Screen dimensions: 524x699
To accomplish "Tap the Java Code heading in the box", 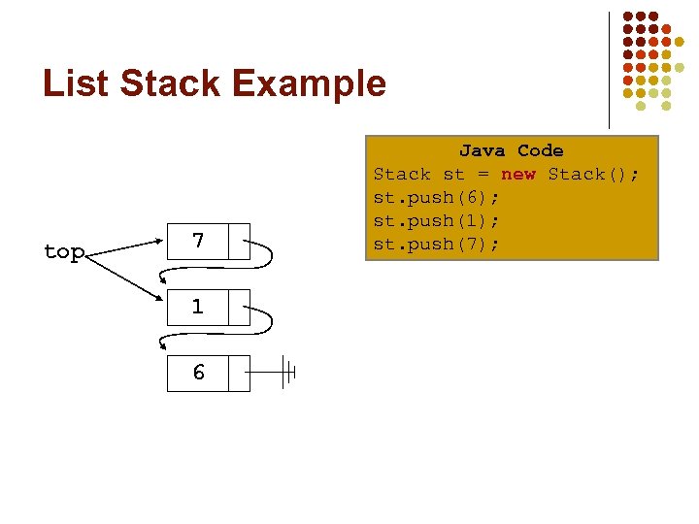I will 511,150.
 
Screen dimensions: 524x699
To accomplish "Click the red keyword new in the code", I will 517,174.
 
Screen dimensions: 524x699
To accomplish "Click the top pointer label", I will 64,252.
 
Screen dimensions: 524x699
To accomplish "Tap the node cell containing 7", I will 198,241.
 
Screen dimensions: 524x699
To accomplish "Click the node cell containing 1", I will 198,308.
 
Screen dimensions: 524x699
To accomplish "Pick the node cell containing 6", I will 198,373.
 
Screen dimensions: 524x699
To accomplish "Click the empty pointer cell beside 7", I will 239,241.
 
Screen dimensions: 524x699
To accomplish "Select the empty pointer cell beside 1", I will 239,308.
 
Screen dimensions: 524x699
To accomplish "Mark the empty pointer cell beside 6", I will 239,373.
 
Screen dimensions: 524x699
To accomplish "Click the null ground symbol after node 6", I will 287,372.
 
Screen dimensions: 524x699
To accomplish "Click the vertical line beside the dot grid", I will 609,68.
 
